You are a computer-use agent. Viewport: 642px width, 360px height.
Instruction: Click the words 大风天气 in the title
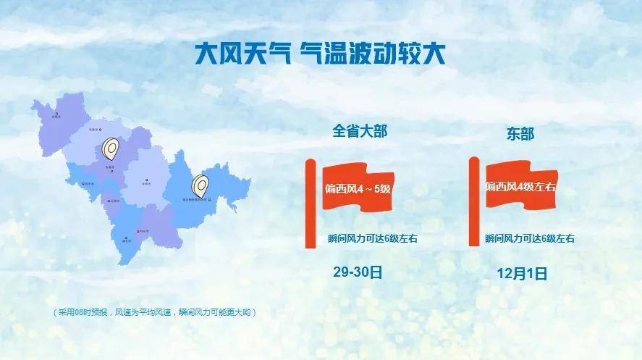pyautogui.click(x=242, y=54)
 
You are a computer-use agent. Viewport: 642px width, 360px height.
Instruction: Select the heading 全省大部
pyautogui.click(x=360, y=131)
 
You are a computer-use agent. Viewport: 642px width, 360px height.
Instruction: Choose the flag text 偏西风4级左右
pyautogui.click(x=521, y=187)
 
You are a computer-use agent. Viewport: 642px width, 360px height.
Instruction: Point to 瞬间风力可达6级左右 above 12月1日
pyautogui.click(x=530, y=238)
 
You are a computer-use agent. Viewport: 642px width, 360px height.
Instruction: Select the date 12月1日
pyautogui.click(x=522, y=273)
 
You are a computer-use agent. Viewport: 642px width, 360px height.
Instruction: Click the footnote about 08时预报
pyautogui.click(x=155, y=312)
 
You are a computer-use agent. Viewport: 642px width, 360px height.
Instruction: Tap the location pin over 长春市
pyautogui.click(x=111, y=148)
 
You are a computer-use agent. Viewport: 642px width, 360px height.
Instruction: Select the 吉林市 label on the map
pyautogui.click(x=150, y=183)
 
